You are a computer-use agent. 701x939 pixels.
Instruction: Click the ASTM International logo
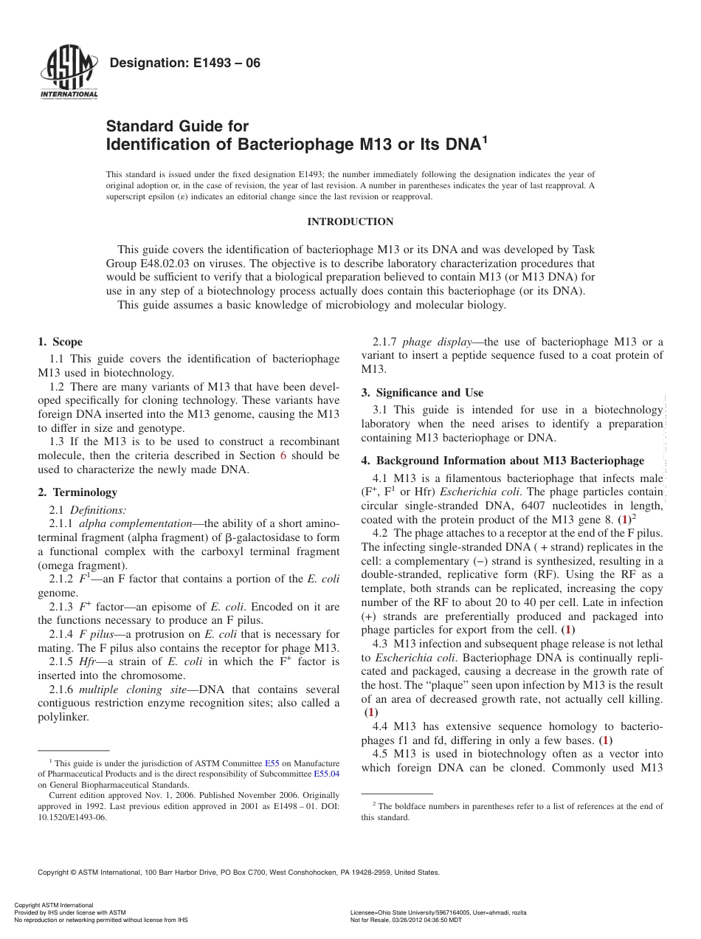pos(68,74)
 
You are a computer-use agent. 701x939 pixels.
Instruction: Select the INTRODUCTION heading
pos(350,221)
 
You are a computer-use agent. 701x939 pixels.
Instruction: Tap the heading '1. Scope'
pos(61,342)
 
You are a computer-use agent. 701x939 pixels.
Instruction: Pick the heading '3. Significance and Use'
pos(422,393)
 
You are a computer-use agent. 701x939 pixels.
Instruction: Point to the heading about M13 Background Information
pos(503,461)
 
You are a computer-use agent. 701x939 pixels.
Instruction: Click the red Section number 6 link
pos(283,455)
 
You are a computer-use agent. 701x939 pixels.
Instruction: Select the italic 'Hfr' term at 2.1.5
pos(89,661)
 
